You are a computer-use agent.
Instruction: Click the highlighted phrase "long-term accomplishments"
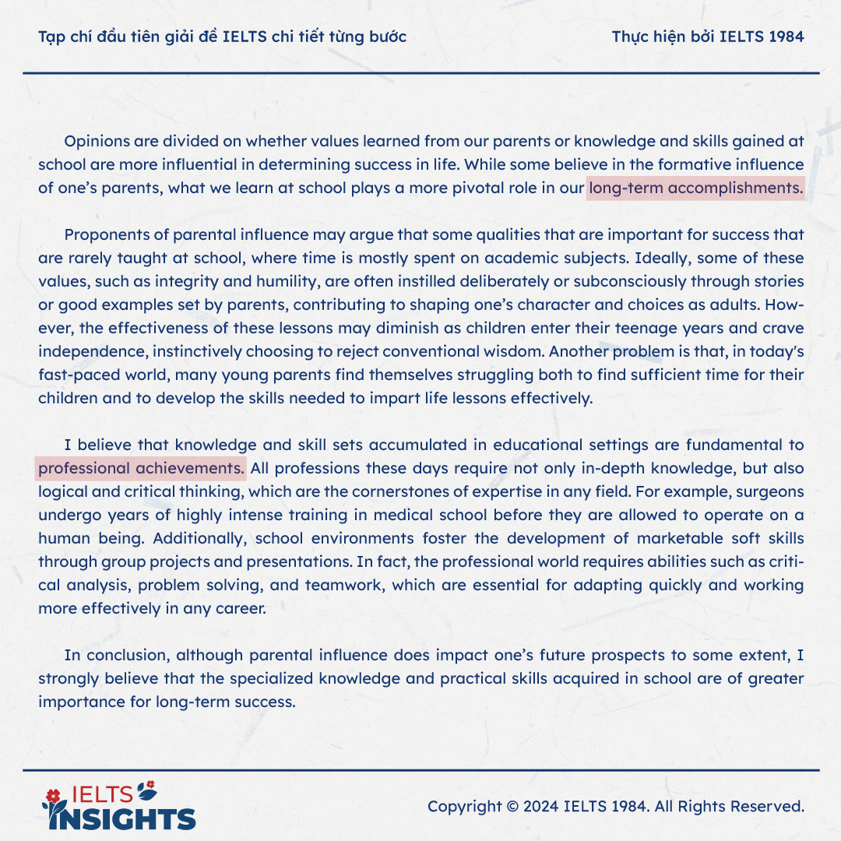[x=695, y=188]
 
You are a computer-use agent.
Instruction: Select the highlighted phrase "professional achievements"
[x=141, y=469]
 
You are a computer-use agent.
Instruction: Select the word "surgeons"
[x=772, y=492]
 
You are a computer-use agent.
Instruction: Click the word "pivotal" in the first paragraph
[x=483, y=188]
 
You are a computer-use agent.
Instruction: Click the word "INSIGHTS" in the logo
[x=125, y=818]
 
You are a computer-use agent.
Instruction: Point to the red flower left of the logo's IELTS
[x=53, y=794]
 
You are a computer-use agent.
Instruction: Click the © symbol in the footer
[x=512, y=806]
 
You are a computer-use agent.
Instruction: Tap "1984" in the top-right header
[x=784, y=37]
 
